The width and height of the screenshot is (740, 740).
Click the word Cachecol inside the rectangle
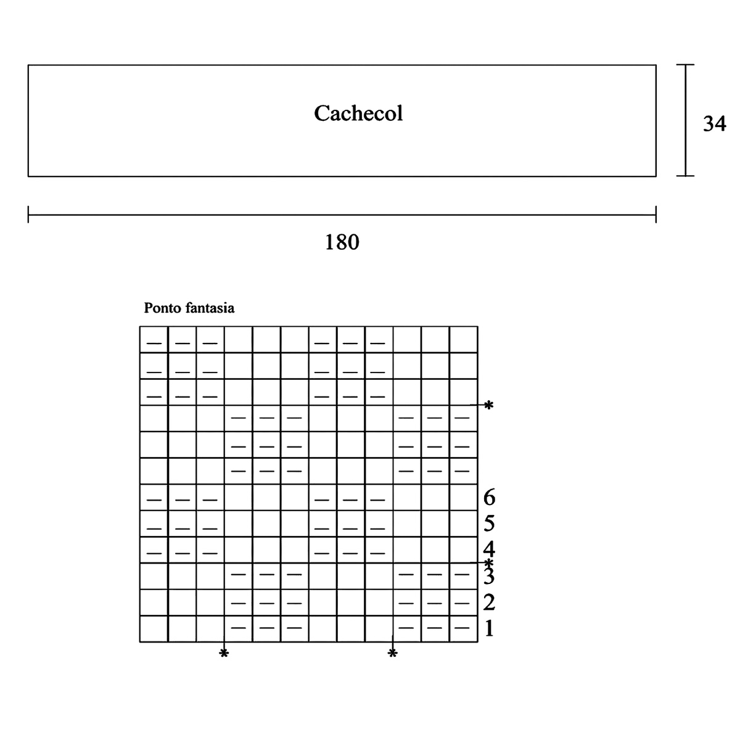tap(358, 113)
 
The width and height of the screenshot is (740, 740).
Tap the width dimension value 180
tap(342, 242)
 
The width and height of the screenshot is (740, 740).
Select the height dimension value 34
tap(714, 124)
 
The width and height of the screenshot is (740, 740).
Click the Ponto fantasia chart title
tap(189, 308)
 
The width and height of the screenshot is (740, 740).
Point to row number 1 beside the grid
tap(488, 629)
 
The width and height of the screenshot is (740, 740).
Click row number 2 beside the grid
tap(488, 602)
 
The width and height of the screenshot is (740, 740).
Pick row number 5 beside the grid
tap(488, 524)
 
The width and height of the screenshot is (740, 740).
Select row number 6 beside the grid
tap(488, 497)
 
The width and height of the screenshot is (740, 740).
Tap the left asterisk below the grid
tap(224, 654)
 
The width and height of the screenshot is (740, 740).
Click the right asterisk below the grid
tap(392, 654)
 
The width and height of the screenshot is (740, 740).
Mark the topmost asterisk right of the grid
tap(488, 406)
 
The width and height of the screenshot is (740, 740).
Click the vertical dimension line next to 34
tap(686, 120)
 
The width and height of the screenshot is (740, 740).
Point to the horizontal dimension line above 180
tap(342, 215)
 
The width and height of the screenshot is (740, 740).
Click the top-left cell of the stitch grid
tap(154, 340)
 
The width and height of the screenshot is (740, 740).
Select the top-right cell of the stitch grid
tap(463, 340)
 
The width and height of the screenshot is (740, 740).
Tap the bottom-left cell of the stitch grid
tap(154, 629)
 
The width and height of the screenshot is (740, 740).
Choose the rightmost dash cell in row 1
tap(463, 629)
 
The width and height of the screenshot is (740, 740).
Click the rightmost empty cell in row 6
tap(463, 498)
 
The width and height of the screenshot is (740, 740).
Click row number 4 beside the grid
tap(488, 548)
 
